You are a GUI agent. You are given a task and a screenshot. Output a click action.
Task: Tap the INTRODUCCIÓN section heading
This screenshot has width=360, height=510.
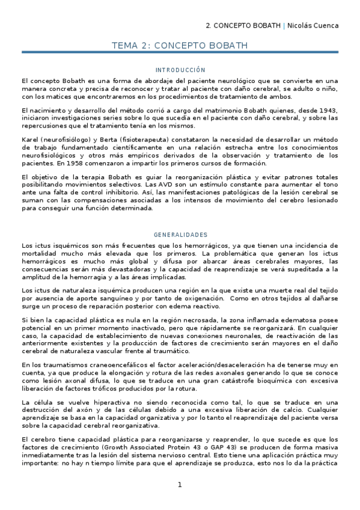pyautogui.click(x=180, y=70)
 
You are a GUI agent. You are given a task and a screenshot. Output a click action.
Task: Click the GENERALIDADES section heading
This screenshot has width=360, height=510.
pyautogui.click(x=180, y=235)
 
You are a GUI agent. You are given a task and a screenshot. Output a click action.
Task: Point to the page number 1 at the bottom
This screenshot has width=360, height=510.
pyautogui.click(x=180, y=485)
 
